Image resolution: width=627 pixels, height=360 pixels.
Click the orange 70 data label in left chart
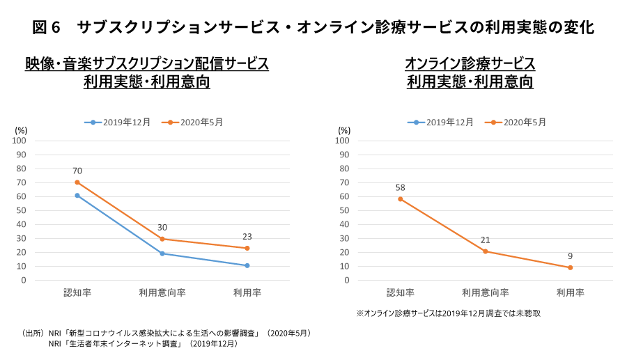pos(77,171)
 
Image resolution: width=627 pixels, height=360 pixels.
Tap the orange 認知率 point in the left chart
pos(77,182)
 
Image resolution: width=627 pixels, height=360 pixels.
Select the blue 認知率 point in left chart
pos(77,196)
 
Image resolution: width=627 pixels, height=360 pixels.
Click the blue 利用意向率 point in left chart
pos(162,253)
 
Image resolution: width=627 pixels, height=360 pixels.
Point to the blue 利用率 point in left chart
pos(247,265)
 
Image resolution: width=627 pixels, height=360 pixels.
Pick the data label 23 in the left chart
pos(247,236)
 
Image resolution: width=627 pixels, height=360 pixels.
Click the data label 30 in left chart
pos(162,227)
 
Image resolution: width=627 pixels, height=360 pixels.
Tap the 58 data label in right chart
pos(401,187)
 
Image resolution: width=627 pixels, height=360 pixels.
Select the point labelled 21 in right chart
pos(486,251)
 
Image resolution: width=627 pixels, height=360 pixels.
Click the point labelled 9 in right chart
pos(570,267)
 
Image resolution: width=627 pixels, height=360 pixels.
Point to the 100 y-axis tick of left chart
pos(20,141)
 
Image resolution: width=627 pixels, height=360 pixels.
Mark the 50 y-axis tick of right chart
pos(345,210)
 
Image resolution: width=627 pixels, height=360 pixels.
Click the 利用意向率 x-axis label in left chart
pos(162,293)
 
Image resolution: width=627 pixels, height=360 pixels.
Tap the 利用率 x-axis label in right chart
pos(570,293)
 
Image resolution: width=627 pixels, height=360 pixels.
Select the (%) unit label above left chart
pos(21,130)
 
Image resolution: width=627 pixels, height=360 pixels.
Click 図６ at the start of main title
pos(47,28)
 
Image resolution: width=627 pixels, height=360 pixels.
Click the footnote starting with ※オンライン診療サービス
pos(448,313)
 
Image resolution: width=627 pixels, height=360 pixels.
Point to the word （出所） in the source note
pos(33,334)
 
